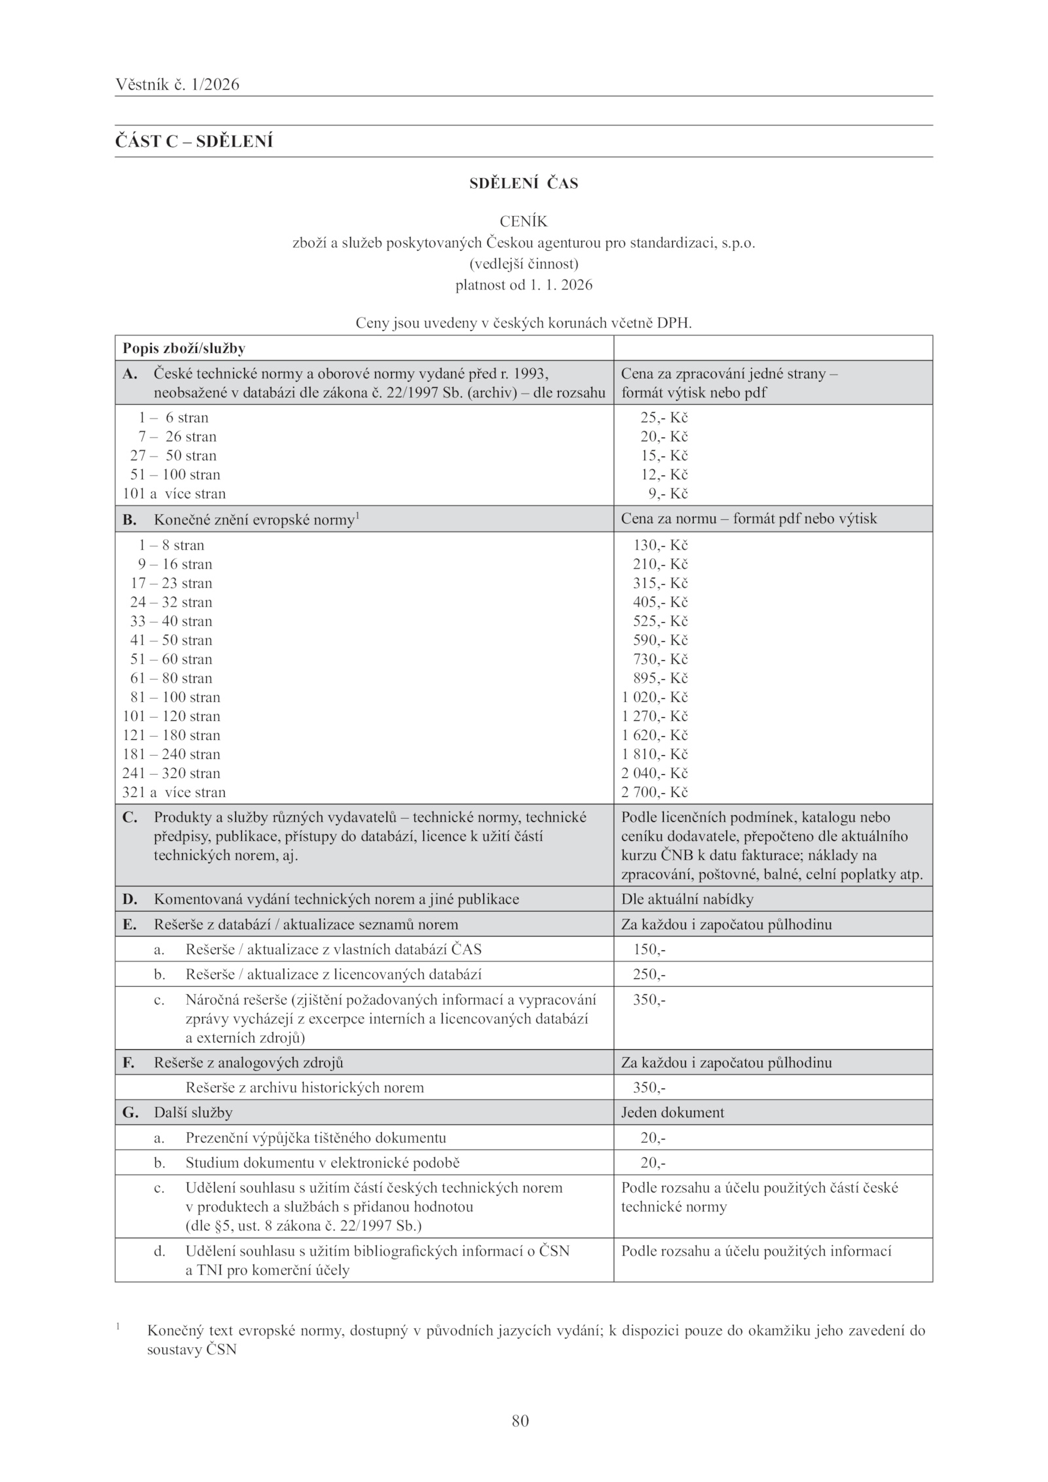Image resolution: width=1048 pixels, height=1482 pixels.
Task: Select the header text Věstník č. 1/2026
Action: click(178, 84)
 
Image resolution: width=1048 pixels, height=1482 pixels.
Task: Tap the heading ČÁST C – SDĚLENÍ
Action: click(194, 141)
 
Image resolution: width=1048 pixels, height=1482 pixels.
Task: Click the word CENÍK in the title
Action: click(523, 222)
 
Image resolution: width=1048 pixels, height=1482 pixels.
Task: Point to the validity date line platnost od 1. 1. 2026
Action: click(523, 285)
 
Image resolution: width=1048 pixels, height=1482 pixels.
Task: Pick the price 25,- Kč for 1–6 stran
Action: click(664, 418)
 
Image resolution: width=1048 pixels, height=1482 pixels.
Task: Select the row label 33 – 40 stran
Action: click(171, 621)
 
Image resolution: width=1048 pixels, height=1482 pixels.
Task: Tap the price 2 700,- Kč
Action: click(654, 792)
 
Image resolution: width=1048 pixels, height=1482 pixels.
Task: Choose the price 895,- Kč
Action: click(660, 678)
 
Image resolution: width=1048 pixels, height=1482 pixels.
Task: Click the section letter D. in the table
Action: click(130, 899)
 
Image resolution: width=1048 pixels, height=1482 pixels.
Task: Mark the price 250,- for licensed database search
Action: click(649, 974)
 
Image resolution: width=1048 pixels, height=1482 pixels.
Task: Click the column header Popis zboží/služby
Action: click(184, 348)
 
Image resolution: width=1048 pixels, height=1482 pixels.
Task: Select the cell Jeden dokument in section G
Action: click(673, 1113)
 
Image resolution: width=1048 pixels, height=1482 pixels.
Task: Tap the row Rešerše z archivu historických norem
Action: click(305, 1088)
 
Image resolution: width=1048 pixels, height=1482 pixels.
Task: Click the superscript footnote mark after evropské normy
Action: click(357, 515)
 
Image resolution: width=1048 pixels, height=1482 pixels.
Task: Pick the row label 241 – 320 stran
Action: click(172, 773)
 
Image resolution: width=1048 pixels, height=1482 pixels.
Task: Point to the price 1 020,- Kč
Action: click(654, 697)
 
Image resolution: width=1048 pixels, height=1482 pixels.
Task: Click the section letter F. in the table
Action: click(129, 1062)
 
